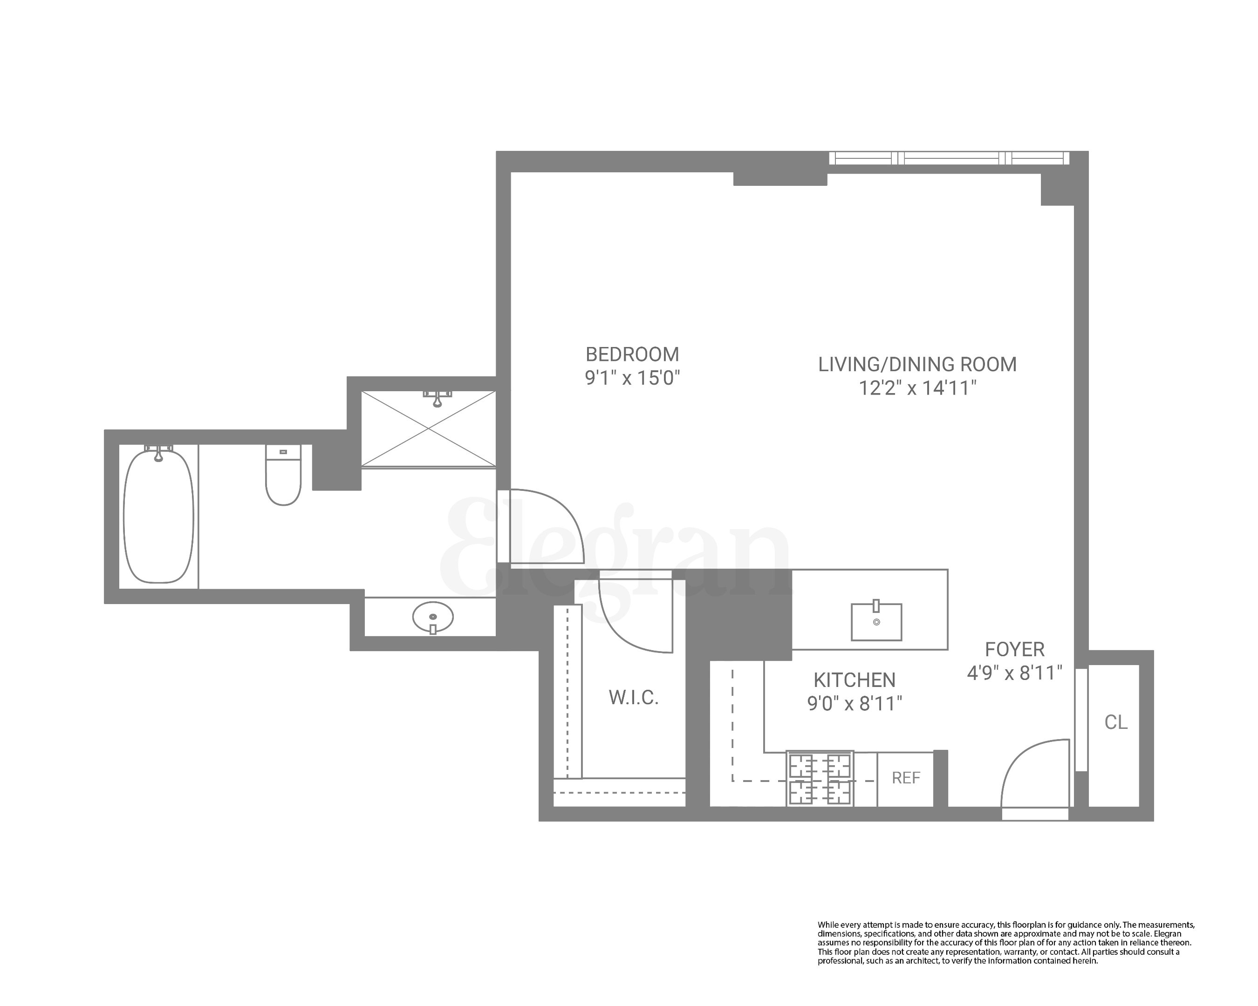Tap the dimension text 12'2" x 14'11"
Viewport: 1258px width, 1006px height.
[x=917, y=388]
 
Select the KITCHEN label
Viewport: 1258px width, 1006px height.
[x=854, y=680]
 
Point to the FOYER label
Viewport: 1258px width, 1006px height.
[x=1014, y=649]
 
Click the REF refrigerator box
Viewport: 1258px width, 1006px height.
[x=906, y=778]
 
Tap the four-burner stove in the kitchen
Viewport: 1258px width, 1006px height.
[x=820, y=779]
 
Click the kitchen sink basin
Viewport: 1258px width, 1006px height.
[x=876, y=622]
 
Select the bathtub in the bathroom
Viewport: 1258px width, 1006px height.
[x=158, y=516]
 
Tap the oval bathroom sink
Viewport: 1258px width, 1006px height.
[x=432, y=617]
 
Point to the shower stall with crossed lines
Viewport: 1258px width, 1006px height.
[x=428, y=428]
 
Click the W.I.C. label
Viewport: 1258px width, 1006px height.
[x=634, y=698]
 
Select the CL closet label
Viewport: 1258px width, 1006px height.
[x=1115, y=722]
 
